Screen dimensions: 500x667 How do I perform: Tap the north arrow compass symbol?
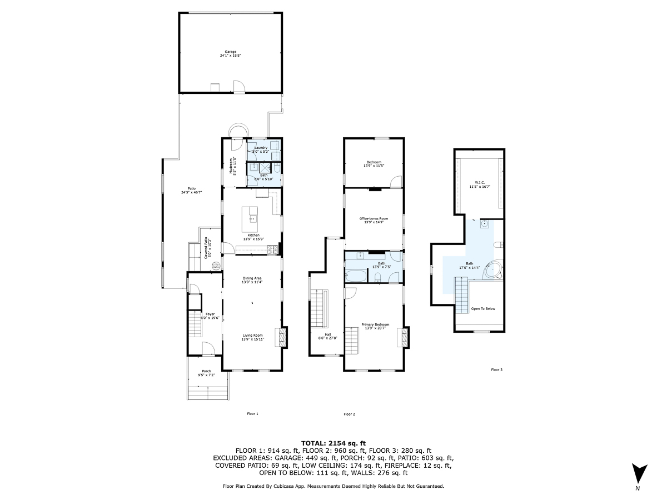coord(640,473)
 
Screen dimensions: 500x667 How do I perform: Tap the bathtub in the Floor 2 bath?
coord(356,276)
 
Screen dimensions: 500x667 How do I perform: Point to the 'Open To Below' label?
coord(482,308)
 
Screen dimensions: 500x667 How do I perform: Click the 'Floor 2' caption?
coord(349,414)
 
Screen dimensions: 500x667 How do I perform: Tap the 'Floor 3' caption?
coord(496,369)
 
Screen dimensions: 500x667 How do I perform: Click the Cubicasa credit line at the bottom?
coord(333,486)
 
